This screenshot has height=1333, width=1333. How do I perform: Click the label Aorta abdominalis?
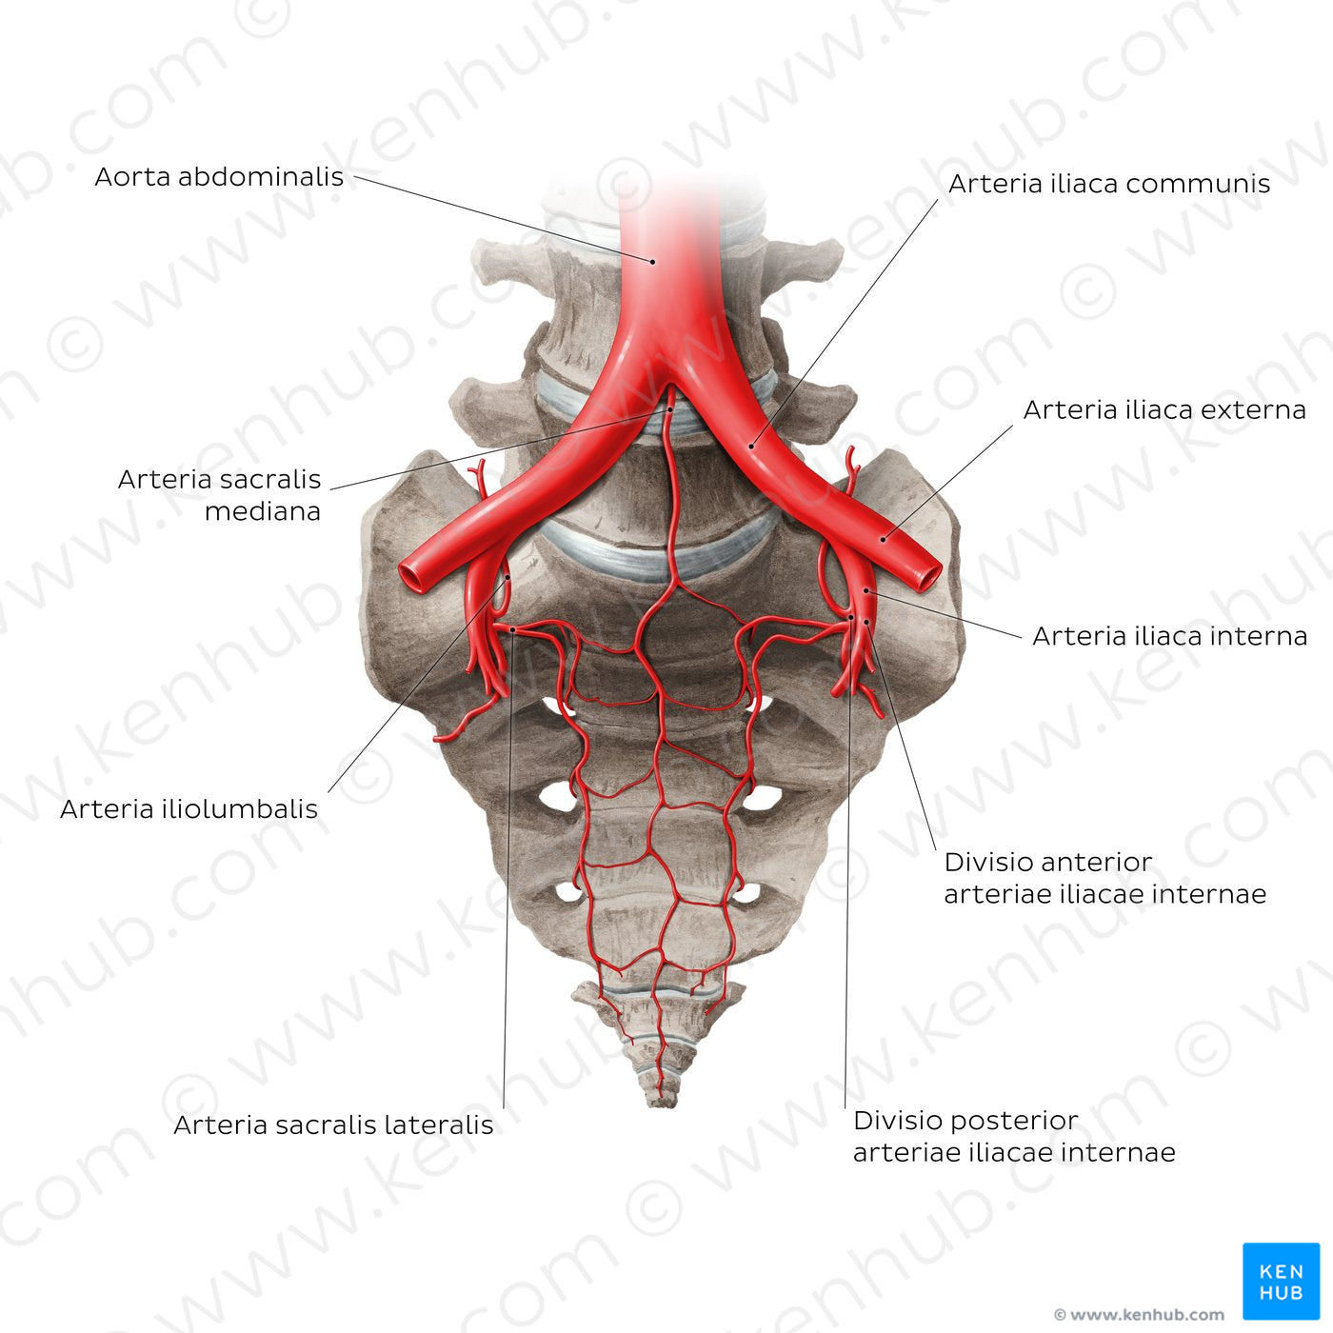click(x=219, y=177)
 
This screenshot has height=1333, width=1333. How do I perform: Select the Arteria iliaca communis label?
click(x=1109, y=184)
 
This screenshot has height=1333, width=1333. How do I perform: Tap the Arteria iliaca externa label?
click(x=1164, y=410)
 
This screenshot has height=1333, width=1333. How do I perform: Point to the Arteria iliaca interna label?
click(x=1170, y=636)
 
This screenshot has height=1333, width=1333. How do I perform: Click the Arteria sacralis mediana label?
click(x=219, y=495)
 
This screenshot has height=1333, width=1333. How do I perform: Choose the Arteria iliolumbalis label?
click(x=189, y=809)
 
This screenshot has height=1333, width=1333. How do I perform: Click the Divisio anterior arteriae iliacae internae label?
click(x=1104, y=879)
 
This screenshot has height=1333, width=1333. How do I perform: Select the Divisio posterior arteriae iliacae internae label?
click(x=1014, y=1137)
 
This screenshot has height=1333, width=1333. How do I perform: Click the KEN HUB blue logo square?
click(x=1282, y=1282)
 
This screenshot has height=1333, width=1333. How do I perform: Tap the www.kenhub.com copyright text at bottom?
click(x=1139, y=1314)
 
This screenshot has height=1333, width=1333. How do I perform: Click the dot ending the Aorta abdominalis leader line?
click(x=652, y=262)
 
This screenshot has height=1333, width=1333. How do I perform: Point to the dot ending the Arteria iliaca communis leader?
click(x=752, y=446)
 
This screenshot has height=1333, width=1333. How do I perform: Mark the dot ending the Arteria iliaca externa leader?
click(x=883, y=540)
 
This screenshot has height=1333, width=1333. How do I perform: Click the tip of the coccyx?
click(x=663, y=1104)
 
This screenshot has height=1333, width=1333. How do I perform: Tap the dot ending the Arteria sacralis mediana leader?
click(x=669, y=410)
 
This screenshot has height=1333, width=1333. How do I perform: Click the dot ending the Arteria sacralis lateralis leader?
click(x=512, y=630)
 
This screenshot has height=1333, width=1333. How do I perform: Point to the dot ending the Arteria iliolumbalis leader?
click(x=507, y=577)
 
